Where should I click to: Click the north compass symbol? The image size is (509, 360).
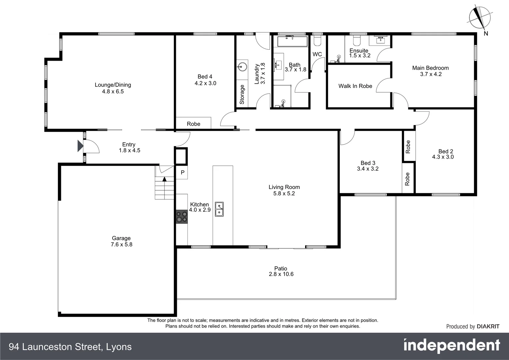(480, 18)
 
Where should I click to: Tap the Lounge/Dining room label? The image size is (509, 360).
(113, 85)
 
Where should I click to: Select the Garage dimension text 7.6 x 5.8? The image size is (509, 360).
(121, 244)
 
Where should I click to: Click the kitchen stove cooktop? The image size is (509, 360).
(182, 217)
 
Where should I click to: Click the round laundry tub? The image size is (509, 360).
(242, 66)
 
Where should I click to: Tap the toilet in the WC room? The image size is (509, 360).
(317, 40)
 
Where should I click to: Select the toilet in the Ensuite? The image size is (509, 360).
(356, 40)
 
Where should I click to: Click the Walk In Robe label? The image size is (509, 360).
(355, 86)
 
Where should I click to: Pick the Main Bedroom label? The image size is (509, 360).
(430, 68)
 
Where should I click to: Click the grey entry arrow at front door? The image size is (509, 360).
(80, 146)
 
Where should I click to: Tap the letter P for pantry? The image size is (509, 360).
(182, 173)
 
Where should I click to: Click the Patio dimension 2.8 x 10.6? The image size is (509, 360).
(281, 274)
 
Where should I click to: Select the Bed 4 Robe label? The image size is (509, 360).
(194, 124)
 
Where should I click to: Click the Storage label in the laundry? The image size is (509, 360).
(242, 94)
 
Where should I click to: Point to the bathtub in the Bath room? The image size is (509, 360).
(292, 42)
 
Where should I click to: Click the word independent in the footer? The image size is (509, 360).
(451, 346)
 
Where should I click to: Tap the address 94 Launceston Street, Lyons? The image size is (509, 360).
(70, 347)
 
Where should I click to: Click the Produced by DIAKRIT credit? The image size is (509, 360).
(472, 327)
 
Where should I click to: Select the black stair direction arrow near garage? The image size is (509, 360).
(164, 179)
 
